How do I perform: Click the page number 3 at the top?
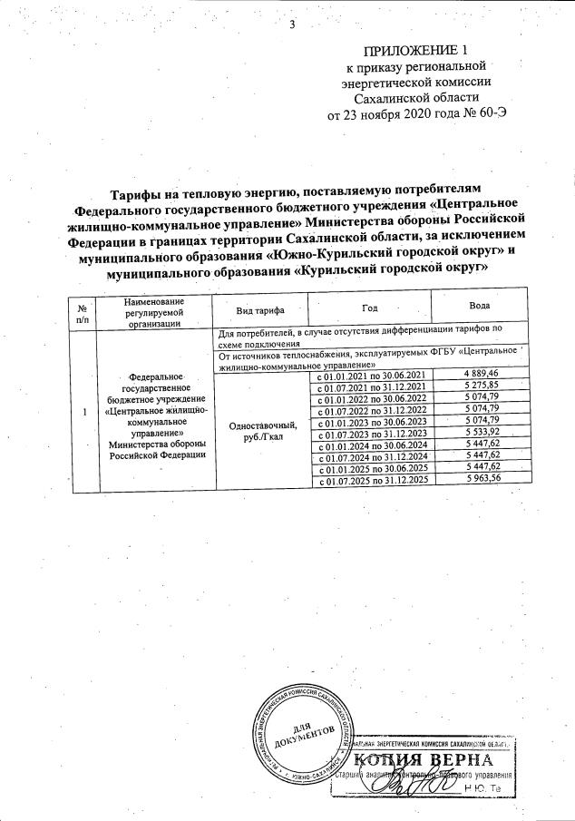292,24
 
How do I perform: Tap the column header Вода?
480,306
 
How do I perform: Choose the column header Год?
369,308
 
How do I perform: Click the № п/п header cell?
83,310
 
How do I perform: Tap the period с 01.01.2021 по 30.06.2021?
370,376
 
